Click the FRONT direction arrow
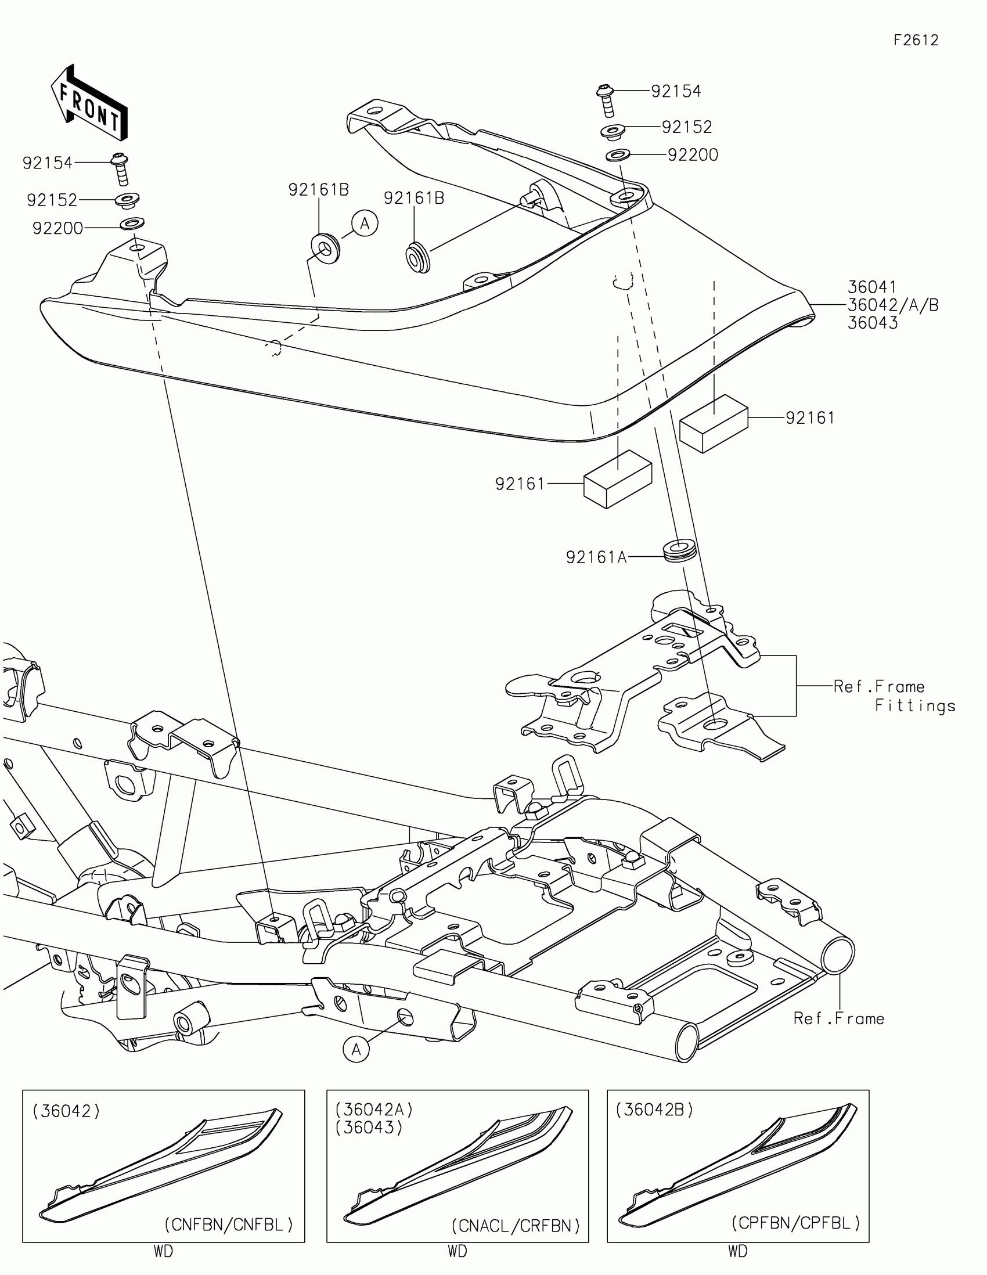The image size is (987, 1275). (x=89, y=103)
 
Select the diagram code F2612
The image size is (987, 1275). (x=916, y=40)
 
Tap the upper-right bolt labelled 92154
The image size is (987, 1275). (x=605, y=100)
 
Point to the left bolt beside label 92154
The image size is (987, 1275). (x=121, y=169)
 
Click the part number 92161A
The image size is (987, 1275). (x=596, y=557)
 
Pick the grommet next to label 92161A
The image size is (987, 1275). (x=680, y=551)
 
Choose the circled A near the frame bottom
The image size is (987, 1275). (x=356, y=1050)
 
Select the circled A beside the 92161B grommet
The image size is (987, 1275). (x=365, y=223)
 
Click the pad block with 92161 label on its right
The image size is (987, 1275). (x=714, y=423)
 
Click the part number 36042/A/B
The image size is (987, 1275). (x=892, y=305)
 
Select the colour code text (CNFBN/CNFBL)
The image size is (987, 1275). (x=228, y=1224)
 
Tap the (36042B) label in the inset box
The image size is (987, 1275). (x=654, y=1109)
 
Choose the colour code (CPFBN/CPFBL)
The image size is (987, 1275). (x=795, y=1223)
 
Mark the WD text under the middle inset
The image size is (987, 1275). (x=457, y=1251)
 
